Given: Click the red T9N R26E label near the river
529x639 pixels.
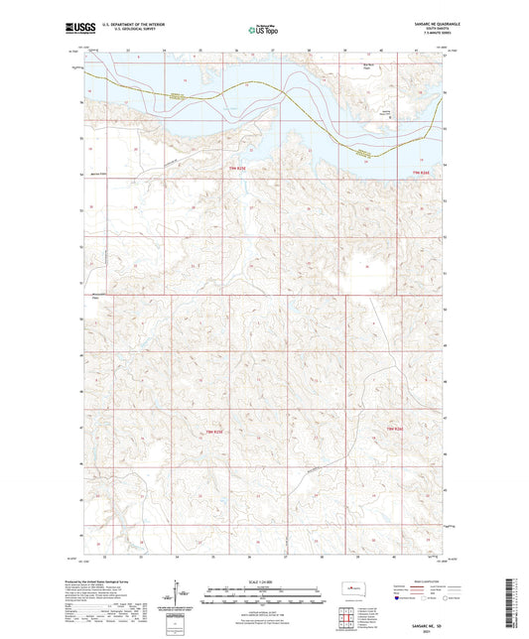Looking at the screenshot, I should pyautogui.click(x=422, y=173).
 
